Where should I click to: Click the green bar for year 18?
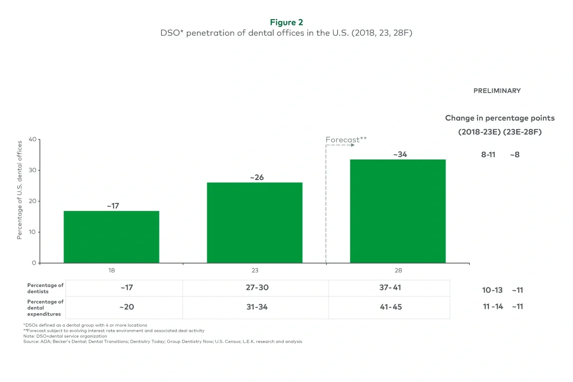(111, 237)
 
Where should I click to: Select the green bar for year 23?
(255, 223)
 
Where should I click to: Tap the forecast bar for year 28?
(398, 211)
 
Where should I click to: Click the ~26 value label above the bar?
(256, 177)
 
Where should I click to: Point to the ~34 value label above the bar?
(400, 154)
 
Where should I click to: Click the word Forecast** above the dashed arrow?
(346, 139)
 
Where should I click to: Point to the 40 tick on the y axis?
(32, 139)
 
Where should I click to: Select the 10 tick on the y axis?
(32, 232)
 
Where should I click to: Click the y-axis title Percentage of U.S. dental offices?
(20, 190)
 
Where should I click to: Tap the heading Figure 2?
(286, 22)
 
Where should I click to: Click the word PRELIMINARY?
(497, 91)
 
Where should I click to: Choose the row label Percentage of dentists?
(45, 288)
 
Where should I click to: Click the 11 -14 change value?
(493, 307)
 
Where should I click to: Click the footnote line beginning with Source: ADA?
(162, 341)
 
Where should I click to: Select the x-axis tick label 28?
(398, 270)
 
